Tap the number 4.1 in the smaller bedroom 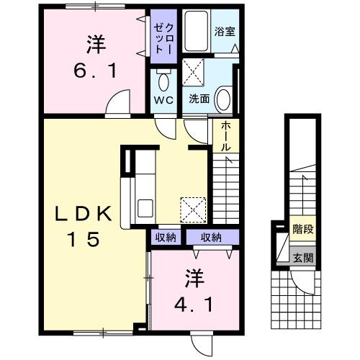point(194,303)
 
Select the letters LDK point(84,214)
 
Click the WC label point(161,100)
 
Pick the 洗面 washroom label point(199,99)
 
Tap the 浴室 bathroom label point(225,32)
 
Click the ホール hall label point(225,136)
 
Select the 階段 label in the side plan point(302,230)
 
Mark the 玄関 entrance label point(302,257)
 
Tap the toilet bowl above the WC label point(161,78)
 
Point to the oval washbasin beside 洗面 point(222,99)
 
